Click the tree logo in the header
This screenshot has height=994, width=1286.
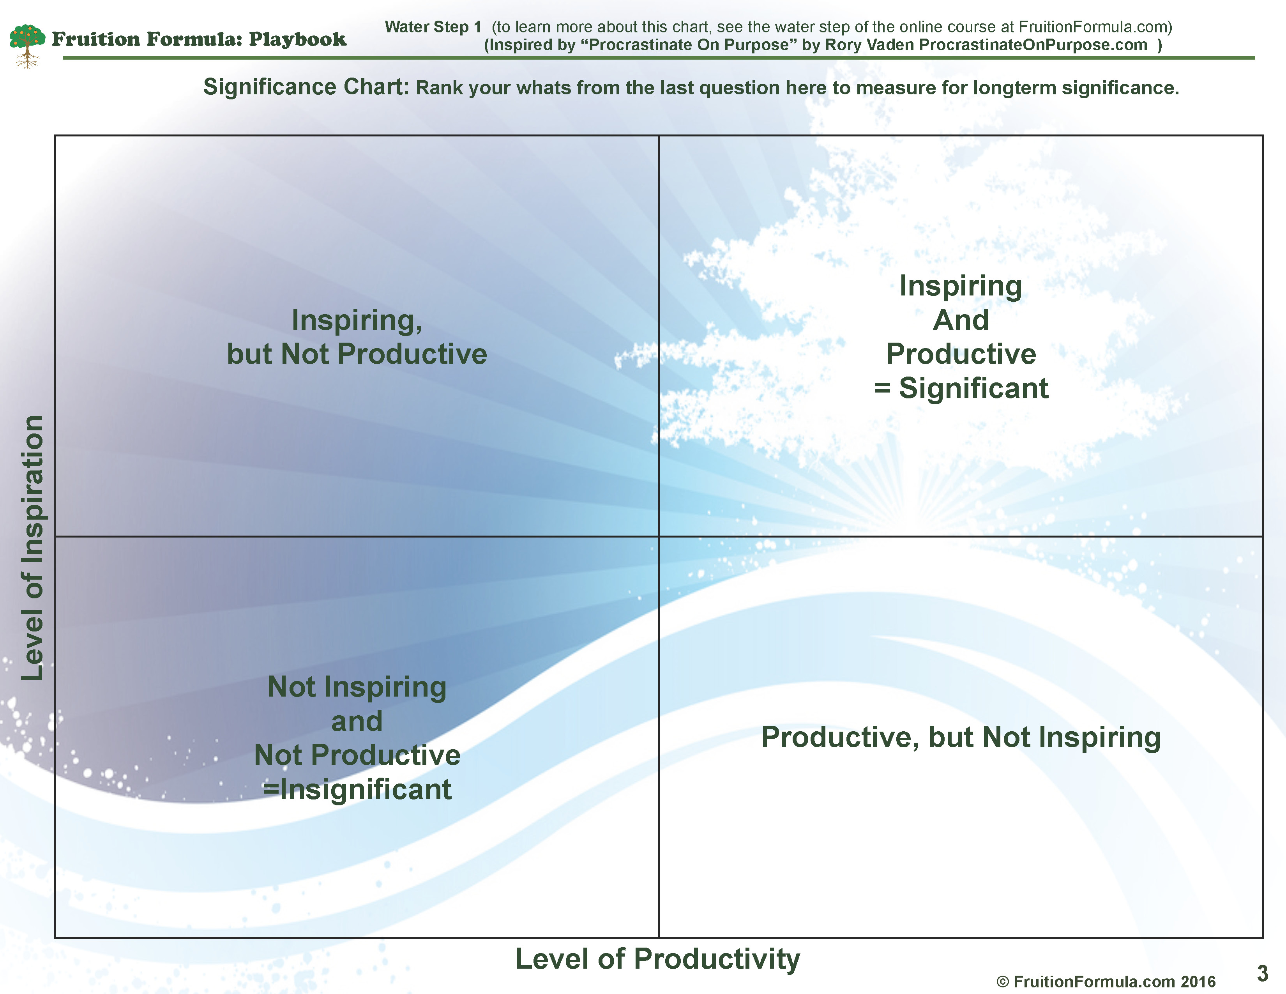point(27,45)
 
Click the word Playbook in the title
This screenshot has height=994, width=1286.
point(297,39)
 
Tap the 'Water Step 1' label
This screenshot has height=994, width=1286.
point(433,27)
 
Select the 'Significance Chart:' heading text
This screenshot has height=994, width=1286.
point(306,87)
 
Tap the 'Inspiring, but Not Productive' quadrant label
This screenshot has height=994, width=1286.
point(357,337)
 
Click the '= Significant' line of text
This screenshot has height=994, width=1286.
point(961,388)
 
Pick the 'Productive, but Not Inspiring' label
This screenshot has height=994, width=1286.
point(961,737)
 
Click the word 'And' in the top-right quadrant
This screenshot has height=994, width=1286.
point(961,320)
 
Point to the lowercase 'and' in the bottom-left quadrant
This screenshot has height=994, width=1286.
point(357,722)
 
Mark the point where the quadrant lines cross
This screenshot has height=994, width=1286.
point(659,536)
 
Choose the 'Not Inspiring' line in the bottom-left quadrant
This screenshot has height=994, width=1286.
point(357,688)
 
